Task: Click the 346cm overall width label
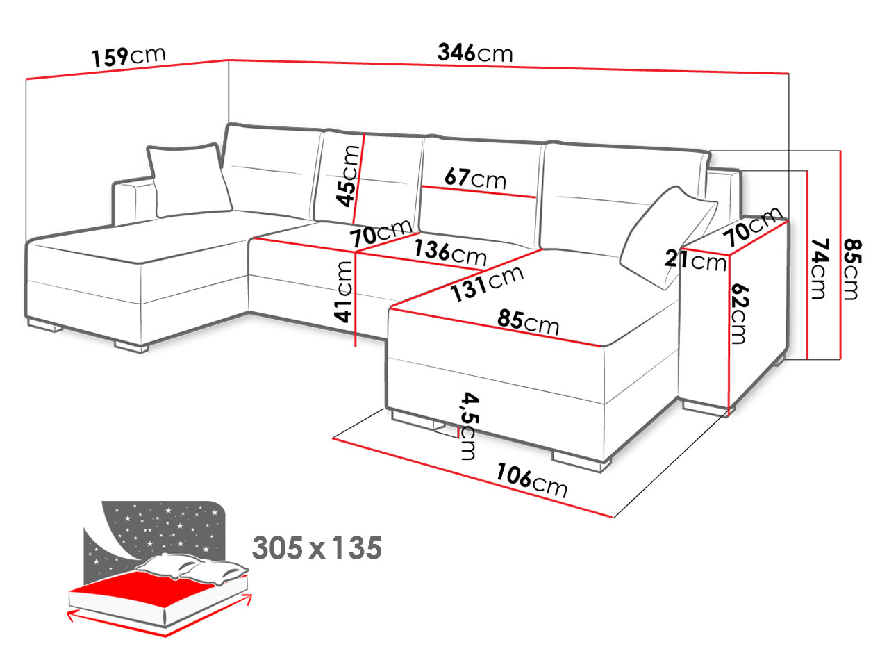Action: pos(474,53)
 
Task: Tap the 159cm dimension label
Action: pos(128,56)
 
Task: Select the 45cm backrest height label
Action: pos(347,176)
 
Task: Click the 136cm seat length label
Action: pos(450,253)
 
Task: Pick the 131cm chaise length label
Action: pos(488,283)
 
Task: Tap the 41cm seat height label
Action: pos(344,292)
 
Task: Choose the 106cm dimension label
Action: pos(531,480)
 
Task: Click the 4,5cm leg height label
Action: pos(470,426)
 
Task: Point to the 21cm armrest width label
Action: pos(695,261)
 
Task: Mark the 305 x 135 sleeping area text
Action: pos(317,548)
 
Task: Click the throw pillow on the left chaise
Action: pos(189,180)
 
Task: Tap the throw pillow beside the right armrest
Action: pos(668,238)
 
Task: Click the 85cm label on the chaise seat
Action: pos(528,322)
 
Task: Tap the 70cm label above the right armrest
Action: pos(752,226)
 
